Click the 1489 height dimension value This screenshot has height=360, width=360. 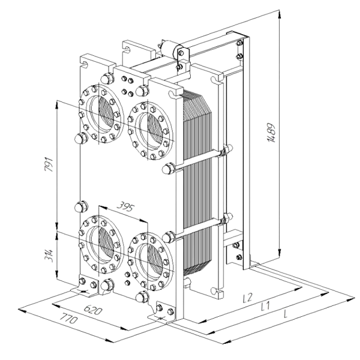point(271,133)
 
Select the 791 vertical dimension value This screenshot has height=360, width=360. point(49,164)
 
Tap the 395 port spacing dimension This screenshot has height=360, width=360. point(125,207)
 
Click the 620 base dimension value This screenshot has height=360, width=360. point(92,310)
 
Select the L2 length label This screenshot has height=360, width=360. point(248,298)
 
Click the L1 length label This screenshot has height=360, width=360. point(265,306)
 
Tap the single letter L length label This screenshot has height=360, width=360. point(286,314)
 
